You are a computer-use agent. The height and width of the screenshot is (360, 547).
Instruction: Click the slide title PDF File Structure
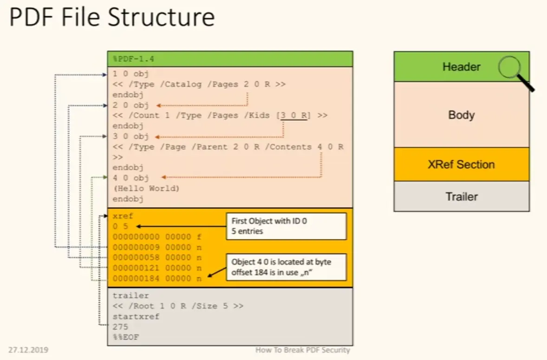pos(112,18)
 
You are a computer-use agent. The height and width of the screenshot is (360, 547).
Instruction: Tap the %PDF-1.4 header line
pos(134,59)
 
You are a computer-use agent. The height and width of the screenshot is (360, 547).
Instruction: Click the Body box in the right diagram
pos(461,115)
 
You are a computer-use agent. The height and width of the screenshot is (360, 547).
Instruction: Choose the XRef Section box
pos(461,164)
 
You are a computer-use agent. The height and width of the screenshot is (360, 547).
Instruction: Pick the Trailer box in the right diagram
pos(461,196)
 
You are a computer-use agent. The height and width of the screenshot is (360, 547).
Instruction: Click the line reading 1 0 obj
pos(130,74)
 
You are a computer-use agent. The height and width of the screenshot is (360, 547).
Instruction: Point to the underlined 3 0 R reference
pos(293,115)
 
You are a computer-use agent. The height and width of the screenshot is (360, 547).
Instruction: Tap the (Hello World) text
pos(146,188)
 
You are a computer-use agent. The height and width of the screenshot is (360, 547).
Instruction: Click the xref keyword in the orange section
pos(123,216)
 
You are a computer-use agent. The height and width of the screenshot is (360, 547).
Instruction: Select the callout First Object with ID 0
pos(286,226)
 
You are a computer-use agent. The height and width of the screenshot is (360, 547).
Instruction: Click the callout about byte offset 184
pos(286,267)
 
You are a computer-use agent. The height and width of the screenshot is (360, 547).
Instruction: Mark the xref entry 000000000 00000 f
pos(157,236)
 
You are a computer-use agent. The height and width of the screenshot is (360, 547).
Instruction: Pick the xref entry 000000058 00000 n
pos(157,257)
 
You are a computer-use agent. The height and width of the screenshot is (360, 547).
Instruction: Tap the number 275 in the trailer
pos(120,327)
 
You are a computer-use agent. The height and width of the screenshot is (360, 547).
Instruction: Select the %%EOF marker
pos(125,337)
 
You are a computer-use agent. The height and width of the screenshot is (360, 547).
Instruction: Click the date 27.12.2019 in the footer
pos(28,350)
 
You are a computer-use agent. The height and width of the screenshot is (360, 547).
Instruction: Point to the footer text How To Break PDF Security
pos(302,350)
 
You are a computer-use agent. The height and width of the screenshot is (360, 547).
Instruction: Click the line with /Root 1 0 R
pos(178,306)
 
